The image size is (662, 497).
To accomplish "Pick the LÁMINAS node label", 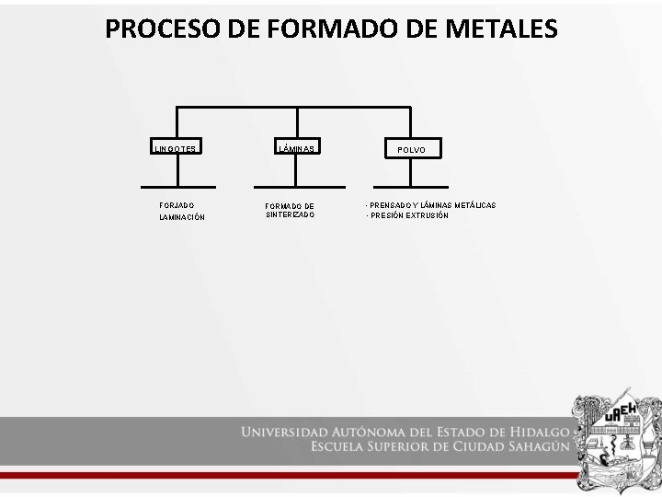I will click(x=297, y=148).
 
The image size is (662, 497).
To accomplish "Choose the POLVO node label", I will click(x=412, y=148).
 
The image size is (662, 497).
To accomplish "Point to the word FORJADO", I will click(x=177, y=204).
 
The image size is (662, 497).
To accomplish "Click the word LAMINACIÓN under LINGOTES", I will click(x=182, y=217).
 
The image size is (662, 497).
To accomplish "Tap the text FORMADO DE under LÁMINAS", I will click(x=290, y=206).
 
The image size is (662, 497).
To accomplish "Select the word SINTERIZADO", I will click(x=290, y=214).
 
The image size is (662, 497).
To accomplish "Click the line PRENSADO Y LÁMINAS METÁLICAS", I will click(x=431, y=204).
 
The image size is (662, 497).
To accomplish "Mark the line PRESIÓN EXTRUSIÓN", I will click(x=408, y=215).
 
